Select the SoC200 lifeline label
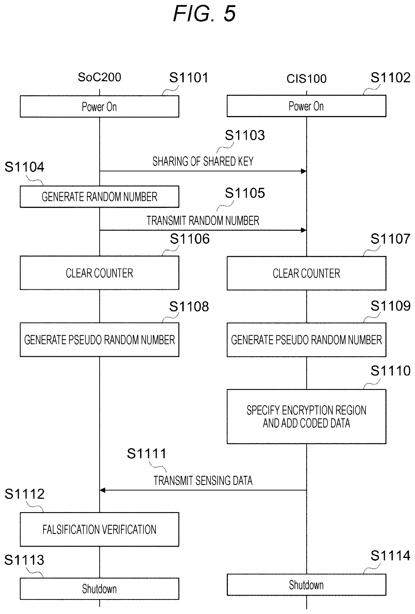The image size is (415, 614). [x=99, y=77]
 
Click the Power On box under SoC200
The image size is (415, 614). [x=99, y=107]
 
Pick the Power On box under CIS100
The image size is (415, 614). [x=306, y=106]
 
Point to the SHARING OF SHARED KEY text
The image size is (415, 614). [x=203, y=161]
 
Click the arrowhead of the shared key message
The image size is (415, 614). [x=304, y=171]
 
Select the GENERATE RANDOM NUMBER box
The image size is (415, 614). [x=99, y=197]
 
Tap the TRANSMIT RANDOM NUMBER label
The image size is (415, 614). [x=203, y=221]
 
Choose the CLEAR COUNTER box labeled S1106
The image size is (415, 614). [x=99, y=273]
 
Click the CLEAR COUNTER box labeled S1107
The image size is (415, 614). [x=306, y=273]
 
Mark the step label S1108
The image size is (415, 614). [x=189, y=307]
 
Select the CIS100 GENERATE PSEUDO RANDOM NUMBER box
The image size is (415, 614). [x=306, y=340]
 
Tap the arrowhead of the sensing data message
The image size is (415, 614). [x=102, y=490]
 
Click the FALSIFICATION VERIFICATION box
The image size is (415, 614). [x=99, y=529]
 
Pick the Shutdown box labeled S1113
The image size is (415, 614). [x=99, y=589]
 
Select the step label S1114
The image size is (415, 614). [x=390, y=556]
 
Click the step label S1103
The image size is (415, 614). [x=245, y=135]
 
